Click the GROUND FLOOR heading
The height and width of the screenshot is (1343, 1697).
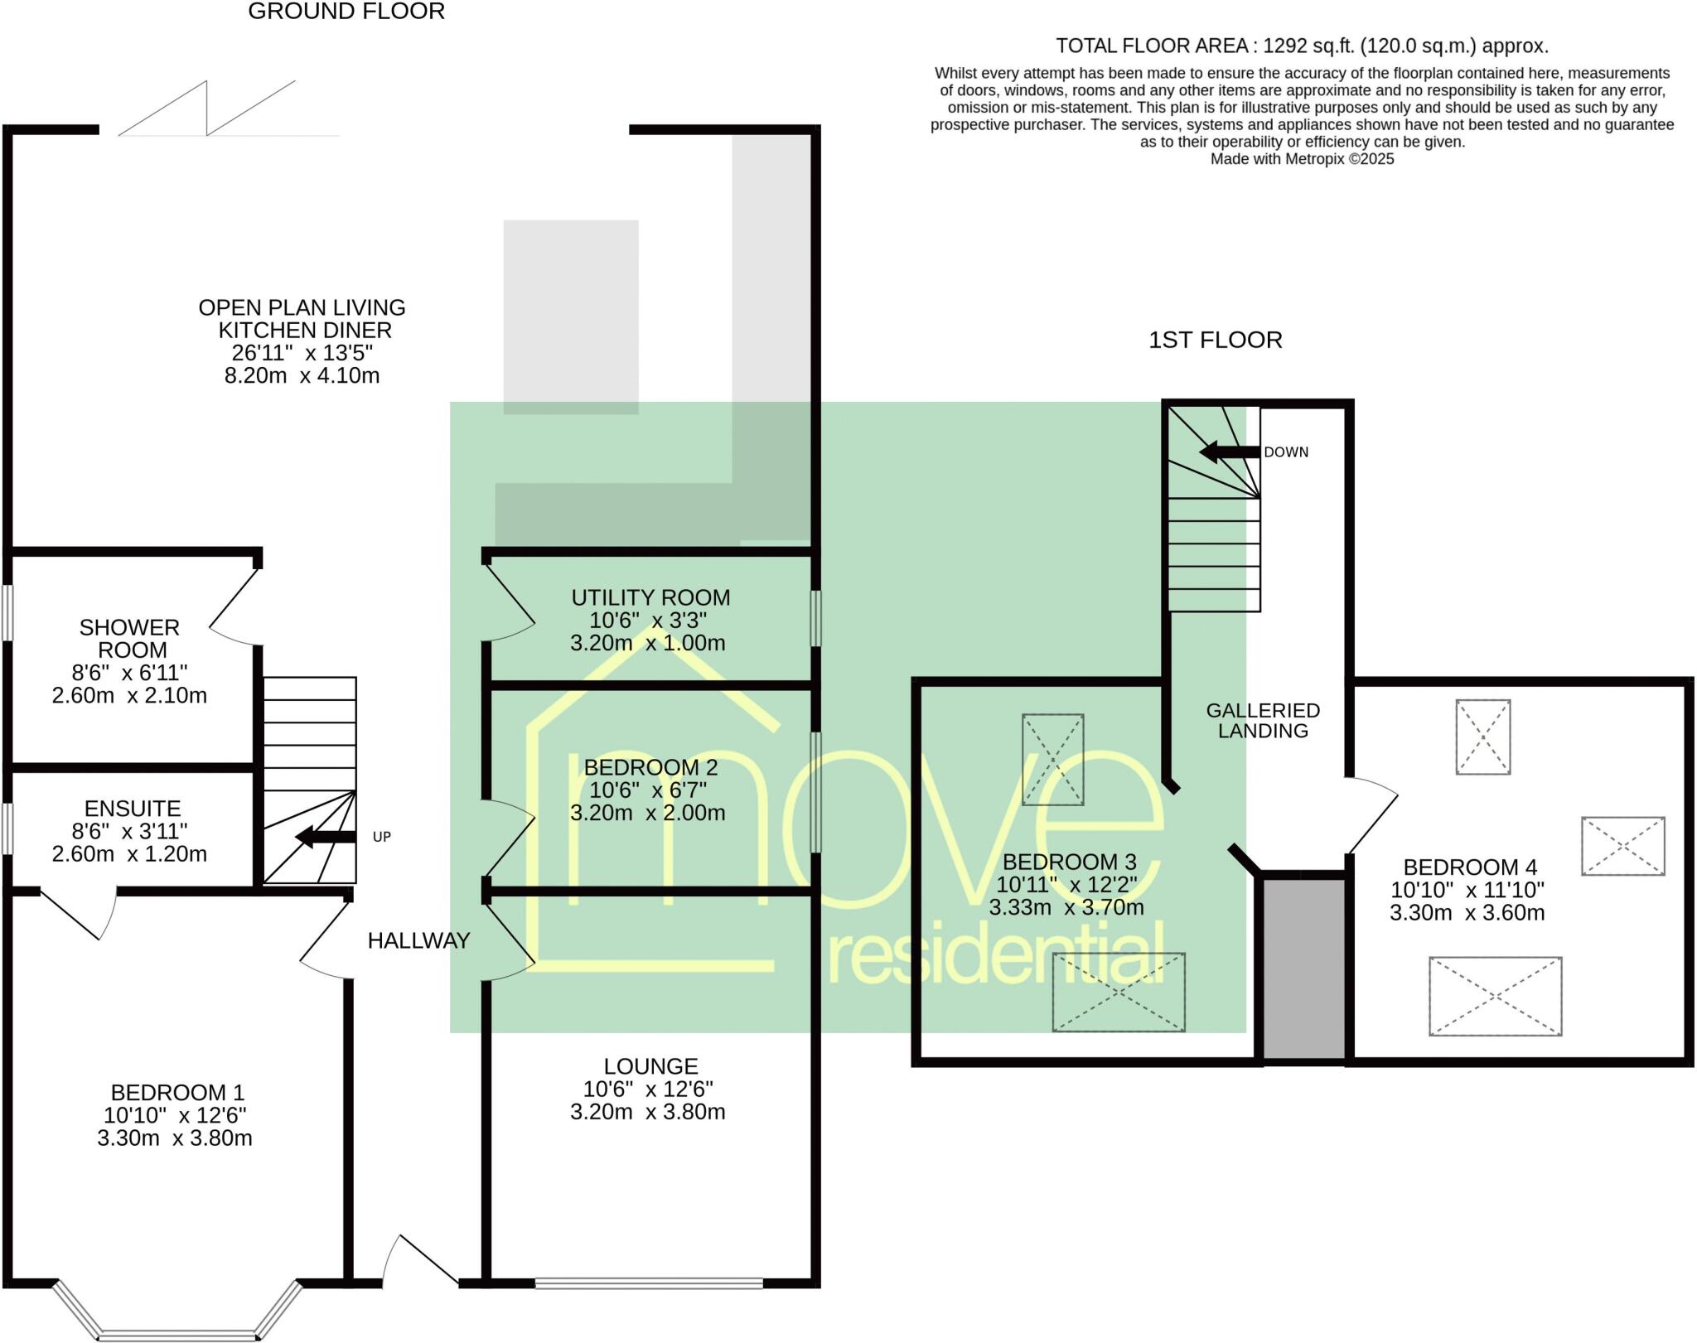[x=346, y=12]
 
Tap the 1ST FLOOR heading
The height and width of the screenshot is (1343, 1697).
[x=1215, y=340]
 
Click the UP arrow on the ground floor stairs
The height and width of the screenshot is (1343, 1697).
[x=325, y=837]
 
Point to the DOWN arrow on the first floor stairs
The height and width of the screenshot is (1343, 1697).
[x=1230, y=452]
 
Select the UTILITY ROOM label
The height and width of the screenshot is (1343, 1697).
[x=650, y=597]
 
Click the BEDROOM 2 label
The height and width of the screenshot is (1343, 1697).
[x=650, y=767]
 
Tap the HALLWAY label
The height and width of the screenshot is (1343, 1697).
[x=418, y=940]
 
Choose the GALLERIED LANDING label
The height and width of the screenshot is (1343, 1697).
[x=1263, y=720]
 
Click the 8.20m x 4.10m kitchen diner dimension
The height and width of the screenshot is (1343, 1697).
[x=302, y=376]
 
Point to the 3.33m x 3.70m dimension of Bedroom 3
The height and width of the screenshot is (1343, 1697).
[x=1066, y=907]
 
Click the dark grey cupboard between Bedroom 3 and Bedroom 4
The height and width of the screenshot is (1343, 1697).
[x=1303, y=968]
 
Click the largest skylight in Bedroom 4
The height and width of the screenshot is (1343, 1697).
[x=1495, y=996]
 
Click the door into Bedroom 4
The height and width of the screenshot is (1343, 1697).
[x=1371, y=815]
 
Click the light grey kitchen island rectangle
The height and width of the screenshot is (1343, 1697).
[x=571, y=316]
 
